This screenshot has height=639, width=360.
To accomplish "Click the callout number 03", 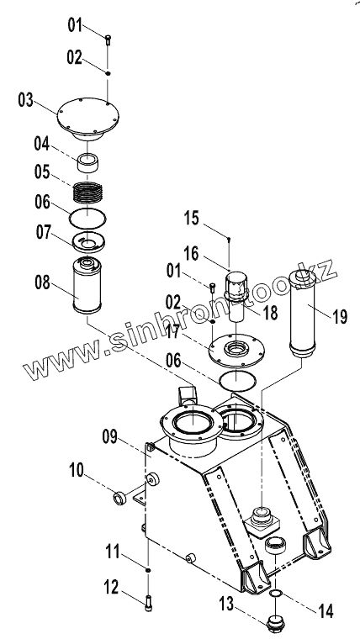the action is (x=25, y=100).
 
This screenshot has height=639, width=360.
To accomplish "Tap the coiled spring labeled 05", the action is (x=87, y=192).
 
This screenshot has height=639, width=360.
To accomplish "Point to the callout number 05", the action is (x=42, y=172).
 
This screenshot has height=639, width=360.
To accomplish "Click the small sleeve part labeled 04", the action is (x=87, y=162).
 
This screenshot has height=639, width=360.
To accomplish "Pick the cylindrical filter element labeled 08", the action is (x=87, y=285).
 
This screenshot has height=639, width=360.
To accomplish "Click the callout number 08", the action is (x=42, y=283).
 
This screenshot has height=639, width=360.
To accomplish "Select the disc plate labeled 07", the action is (x=88, y=243).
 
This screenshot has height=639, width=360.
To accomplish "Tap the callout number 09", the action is (x=109, y=437).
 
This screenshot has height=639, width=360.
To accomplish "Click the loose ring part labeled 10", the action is (x=120, y=499).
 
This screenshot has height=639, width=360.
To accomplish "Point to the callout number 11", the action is (x=112, y=552).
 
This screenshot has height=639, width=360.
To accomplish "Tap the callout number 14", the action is (x=326, y=611).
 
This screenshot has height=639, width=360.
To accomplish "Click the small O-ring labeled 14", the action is (x=276, y=592).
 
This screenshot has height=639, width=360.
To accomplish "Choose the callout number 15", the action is (x=191, y=218).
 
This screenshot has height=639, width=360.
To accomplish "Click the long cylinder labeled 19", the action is (x=302, y=314).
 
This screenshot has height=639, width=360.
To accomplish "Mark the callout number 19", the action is (x=340, y=316).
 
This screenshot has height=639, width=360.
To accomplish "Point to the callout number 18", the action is (x=270, y=313).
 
